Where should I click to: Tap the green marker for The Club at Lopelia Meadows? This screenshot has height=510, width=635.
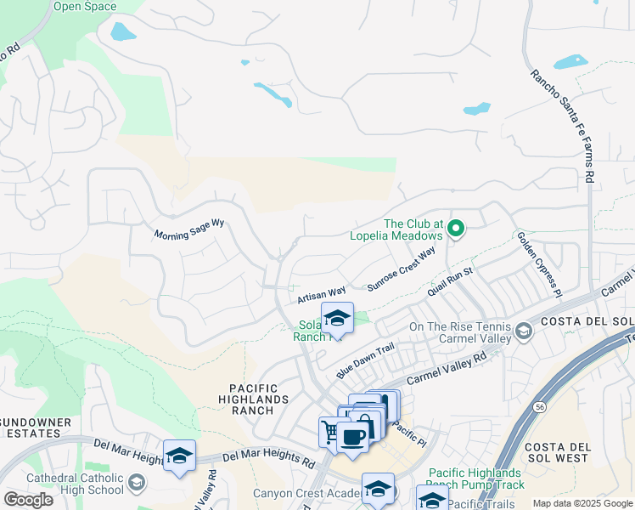tap(456, 228)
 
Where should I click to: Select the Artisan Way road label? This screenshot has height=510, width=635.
tap(322, 295)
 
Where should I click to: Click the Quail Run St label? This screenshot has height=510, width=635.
tap(450, 281)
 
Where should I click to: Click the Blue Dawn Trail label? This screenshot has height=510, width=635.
tap(366, 360)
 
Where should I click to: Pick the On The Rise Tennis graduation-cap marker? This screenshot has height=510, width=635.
tap(524, 331)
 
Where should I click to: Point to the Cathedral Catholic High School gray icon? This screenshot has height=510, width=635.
tap(136, 484)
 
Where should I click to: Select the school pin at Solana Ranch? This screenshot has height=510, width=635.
tap(337, 318)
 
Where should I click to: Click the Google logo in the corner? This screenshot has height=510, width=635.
tap(29, 499)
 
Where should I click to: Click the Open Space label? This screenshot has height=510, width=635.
tap(85, 7)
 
